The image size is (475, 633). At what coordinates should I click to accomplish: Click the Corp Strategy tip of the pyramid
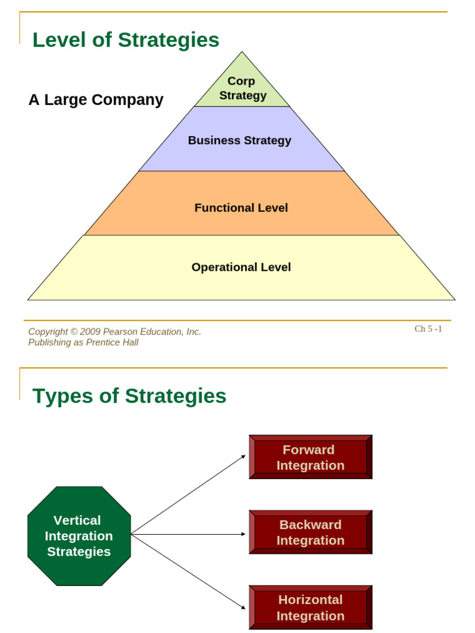tap(242, 88)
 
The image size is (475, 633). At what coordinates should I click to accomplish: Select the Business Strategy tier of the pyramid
tap(240, 140)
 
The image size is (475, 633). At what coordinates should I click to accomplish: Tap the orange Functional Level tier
tap(241, 208)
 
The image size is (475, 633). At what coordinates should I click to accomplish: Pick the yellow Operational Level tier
tap(241, 267)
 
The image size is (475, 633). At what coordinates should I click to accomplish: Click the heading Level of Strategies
tap(126, 40)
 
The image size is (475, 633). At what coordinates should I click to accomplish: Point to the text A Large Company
tap(96, 100)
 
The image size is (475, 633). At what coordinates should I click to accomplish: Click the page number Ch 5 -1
tap(428, 329)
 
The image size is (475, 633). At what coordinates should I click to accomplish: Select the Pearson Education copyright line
tap(114, 332)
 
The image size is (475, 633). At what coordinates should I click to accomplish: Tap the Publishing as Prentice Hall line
tap(83, 342)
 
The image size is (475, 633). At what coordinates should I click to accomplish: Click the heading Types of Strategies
tap(129, 396)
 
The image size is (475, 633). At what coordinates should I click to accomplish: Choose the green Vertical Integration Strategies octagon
tap(79, 536)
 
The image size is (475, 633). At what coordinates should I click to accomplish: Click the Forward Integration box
tap(310, 457)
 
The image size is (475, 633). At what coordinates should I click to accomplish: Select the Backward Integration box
tap(310, 532)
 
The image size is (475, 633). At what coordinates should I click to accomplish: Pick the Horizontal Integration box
tap(310, 608)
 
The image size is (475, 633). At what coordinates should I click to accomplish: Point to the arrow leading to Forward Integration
tap(189, 495)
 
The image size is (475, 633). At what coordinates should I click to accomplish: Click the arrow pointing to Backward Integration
tap(189, 534)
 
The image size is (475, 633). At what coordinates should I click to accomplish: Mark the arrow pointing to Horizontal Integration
tap(189, 572)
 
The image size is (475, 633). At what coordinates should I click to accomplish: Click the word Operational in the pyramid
tap(217, 267)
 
